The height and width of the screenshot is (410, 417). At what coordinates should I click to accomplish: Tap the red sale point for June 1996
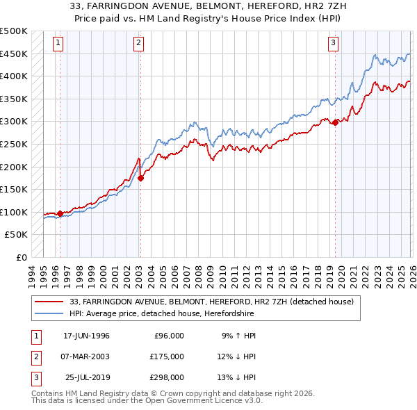click(60, 214)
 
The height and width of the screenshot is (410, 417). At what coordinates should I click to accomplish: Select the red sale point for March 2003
click(140, 178)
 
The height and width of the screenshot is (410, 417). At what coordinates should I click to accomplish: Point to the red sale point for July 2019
click(335, 122)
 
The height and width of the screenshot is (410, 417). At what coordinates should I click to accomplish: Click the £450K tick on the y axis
click(15, 54)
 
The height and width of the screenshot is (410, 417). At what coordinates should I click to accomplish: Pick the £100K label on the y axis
click(15, 212)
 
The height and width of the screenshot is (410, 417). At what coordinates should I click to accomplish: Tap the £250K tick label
click(15, 144)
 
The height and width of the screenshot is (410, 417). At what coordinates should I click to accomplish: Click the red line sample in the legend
click(50, 302)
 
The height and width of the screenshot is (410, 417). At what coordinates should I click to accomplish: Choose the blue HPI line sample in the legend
click(50, 313)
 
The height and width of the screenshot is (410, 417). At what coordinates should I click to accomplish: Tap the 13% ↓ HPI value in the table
click(237, 377)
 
